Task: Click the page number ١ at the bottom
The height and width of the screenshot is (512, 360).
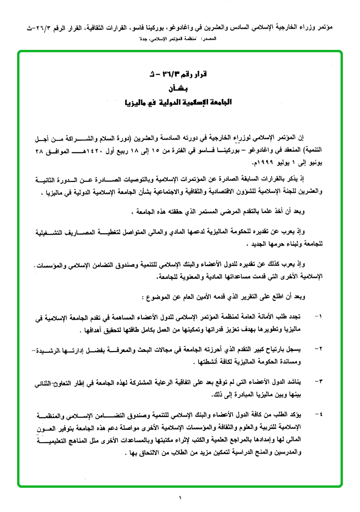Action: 180,497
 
